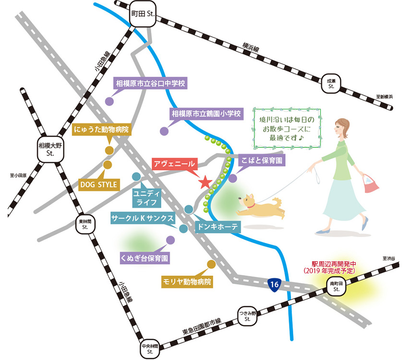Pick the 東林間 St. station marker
[x=84, y=224]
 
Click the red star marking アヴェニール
[x=205, y=182]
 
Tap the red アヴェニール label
[x=174, y=164]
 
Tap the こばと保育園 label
[x=262, y=159]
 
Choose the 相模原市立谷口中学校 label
[x=150, y=84]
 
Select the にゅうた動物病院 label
[x=101, y=129]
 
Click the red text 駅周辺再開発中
[x=333, y=264]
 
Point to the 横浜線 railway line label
[x=251, y=48]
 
